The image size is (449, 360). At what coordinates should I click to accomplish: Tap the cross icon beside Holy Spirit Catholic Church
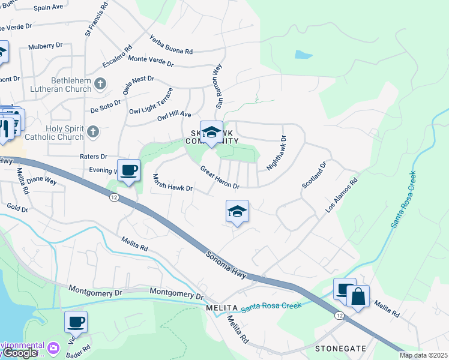[92, 131]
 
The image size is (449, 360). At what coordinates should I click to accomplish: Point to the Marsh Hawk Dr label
[172, 183]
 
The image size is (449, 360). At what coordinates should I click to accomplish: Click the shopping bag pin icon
[358, 296]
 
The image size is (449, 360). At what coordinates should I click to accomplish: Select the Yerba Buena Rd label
[171, 43]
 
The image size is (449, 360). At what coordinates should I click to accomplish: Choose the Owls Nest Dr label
[139, 85]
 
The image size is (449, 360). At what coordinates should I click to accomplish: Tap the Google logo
[19, 353]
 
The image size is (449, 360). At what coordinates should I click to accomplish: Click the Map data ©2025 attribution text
[423, 355]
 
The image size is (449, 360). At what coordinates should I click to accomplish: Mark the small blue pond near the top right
[303, 55]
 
